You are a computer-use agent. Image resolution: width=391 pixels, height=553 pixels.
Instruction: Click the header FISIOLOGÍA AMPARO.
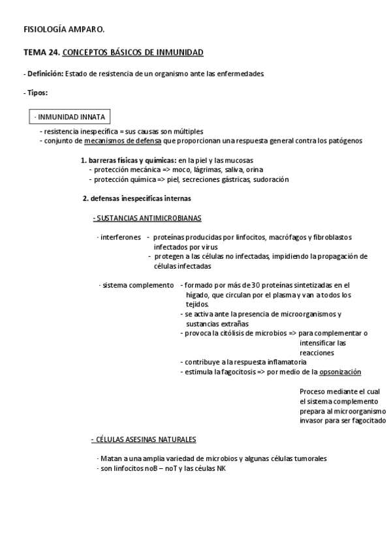coord(64,29)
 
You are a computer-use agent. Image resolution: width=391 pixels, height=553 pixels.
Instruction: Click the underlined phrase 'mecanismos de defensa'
coord(123,140)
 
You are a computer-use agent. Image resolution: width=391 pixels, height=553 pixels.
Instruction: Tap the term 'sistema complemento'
coord(138,285)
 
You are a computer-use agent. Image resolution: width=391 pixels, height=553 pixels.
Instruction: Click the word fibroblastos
coord(332,237)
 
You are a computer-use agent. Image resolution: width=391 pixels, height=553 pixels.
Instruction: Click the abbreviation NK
coord(221,468)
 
